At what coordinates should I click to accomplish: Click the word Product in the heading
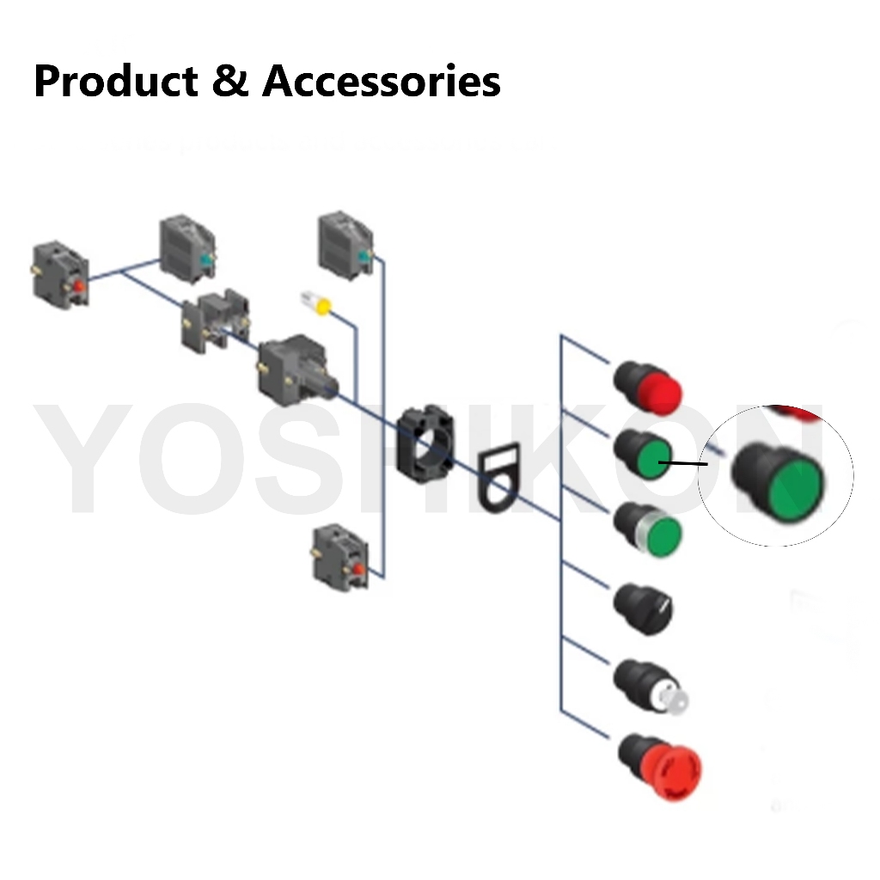click(x=116, y=82)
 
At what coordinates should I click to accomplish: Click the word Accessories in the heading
click(x=382, y=82)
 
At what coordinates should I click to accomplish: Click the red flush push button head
click(x=648, y=386)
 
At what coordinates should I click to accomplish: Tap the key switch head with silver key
click(x=651, y=687)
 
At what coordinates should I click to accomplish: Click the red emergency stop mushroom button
click(x=661, y=764)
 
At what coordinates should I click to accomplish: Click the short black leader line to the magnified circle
click(x=683, y=464)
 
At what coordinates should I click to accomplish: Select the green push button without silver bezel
click(x=644, y=455)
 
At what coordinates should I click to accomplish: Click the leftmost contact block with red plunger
click(x=60, y=275)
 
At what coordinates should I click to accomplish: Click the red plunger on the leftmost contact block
click(x=78, y=285)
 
